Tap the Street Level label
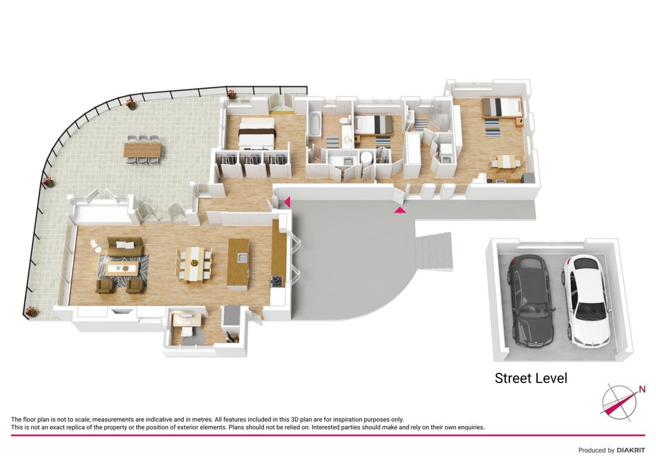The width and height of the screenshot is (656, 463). pyautogui.click(x=531, y=378)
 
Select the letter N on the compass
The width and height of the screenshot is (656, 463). pyautogui.click(x=642, y=390)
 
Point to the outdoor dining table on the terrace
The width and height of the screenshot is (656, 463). pyautogui.click(x=143, y=150)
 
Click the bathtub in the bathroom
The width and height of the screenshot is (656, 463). pyautogui.click(x=315, y=124)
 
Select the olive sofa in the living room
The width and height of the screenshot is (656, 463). pyautogui.click(x=125, y=245)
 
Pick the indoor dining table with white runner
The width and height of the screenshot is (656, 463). pyautogui.click(x=194, y=264)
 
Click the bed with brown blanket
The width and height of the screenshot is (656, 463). pyautogui.click(x=257, y=133)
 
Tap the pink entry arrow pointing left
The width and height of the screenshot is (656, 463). pyautogui.click(x=287, y=202)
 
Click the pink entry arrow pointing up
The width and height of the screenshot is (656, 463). pyautogui.click(x=400, y=210)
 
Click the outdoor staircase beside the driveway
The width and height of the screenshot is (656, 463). pyautogui.click(x=434, y=251)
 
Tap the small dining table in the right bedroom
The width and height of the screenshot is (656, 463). pyautogui.click(x=506, y=161)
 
